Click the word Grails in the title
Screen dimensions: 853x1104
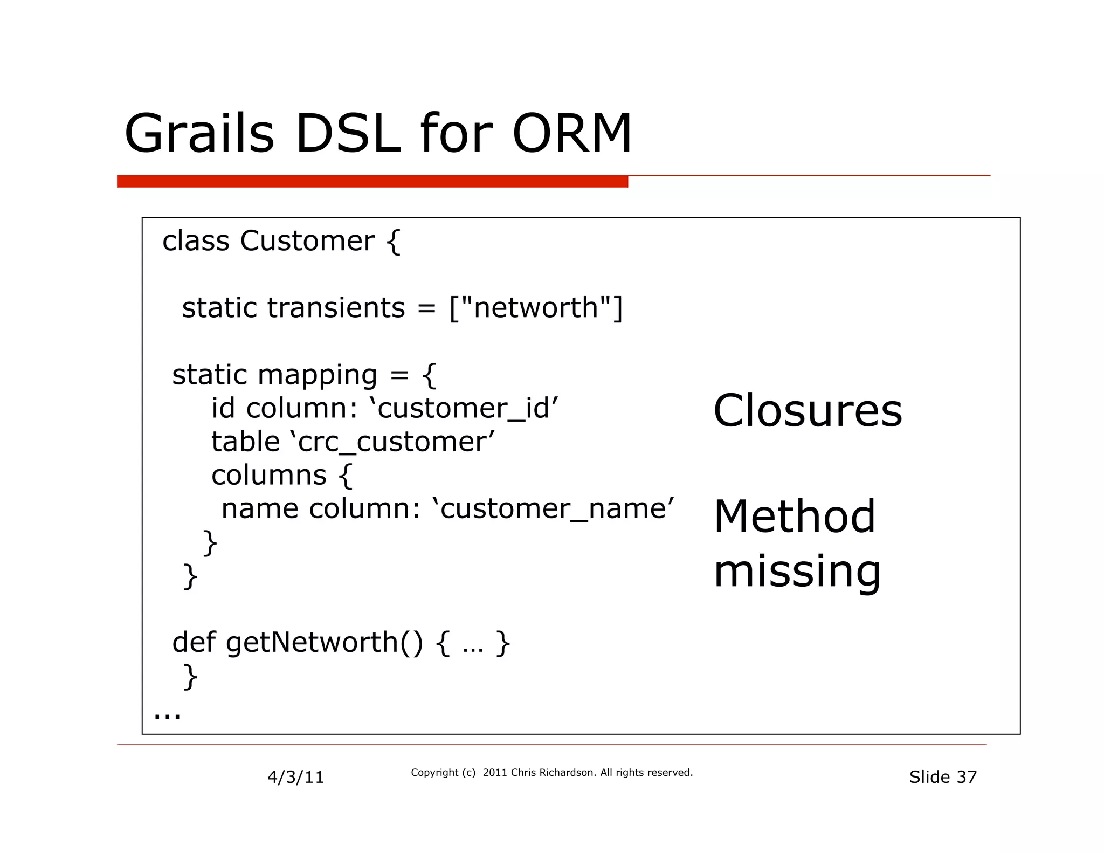[199, 134]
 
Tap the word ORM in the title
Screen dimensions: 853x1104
[571, 134]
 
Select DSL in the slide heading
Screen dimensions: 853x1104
[348, 134]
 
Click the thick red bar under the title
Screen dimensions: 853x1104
[372, 182]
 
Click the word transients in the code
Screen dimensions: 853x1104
[336, 308]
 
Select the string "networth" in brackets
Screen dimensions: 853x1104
[536, 308]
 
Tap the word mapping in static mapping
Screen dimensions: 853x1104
[318, 375]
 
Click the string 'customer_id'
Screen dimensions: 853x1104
[464, 408]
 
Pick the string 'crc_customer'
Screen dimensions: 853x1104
[392, 442]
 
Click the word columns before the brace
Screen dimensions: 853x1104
[268, 476]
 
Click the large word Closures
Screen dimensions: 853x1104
[808, 411]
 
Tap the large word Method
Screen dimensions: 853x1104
[795, 517]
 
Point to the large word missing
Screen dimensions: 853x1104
[797, 572]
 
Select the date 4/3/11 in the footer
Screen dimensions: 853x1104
[295, 777]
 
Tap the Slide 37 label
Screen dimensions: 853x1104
[943, 777]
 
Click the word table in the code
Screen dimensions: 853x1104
[245, 442]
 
